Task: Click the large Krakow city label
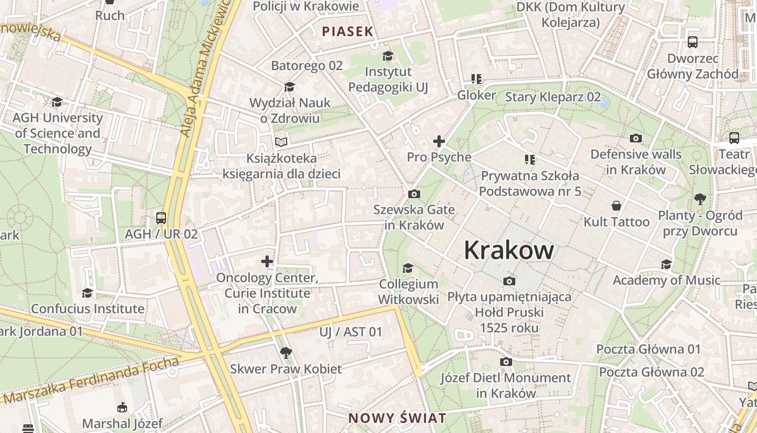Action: pos(508,251)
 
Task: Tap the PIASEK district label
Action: pos(348,31)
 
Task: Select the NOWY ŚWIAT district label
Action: pos(397,418)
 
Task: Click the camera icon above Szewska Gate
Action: pos(414,194)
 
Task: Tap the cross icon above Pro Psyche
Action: pos(439,142)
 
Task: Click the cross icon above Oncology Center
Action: pos(267,262)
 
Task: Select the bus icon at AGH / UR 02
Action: pos(161,218)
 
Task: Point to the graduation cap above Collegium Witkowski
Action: pos(408,268)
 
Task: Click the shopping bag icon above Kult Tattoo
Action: pos(616,206)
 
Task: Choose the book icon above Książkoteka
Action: pos(281,142)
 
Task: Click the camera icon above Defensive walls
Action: pos(636,139)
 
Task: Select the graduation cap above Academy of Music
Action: pos(666,265)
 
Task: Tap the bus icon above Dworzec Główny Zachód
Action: pos(693,42)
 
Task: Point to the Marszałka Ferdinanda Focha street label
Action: pos(92,382)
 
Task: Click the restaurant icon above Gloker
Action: pos(476,80)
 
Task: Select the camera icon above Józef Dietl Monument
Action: pos(506,362)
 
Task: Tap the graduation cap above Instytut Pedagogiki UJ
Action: pos(388,56)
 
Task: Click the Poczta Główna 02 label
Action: pos(651,372)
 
